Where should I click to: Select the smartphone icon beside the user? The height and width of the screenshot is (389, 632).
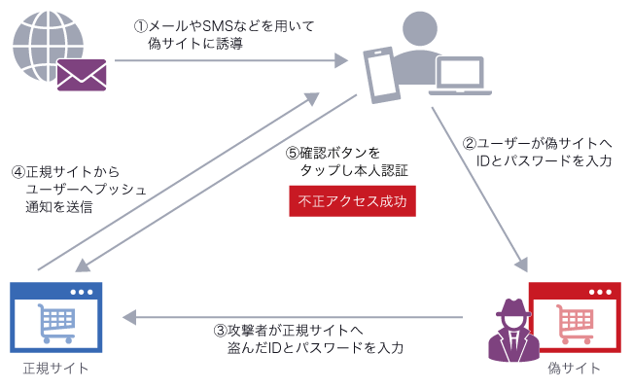[x=381, y=74]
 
